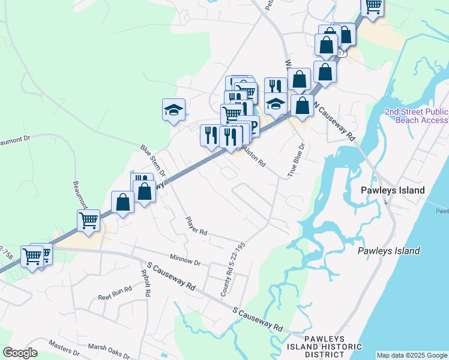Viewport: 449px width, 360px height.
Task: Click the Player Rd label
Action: tap(196, 226)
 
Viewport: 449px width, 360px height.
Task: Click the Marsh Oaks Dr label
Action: tap(109, 347)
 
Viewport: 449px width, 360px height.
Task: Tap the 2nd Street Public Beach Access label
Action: tap(416, 116)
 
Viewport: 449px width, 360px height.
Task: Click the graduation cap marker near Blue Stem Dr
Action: tap(173, 110)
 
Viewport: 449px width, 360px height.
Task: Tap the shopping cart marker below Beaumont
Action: tap(89, 221)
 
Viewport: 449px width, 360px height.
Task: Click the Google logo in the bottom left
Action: tap(20, 353)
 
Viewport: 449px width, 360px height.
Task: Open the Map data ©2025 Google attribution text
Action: tap(412, 355)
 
